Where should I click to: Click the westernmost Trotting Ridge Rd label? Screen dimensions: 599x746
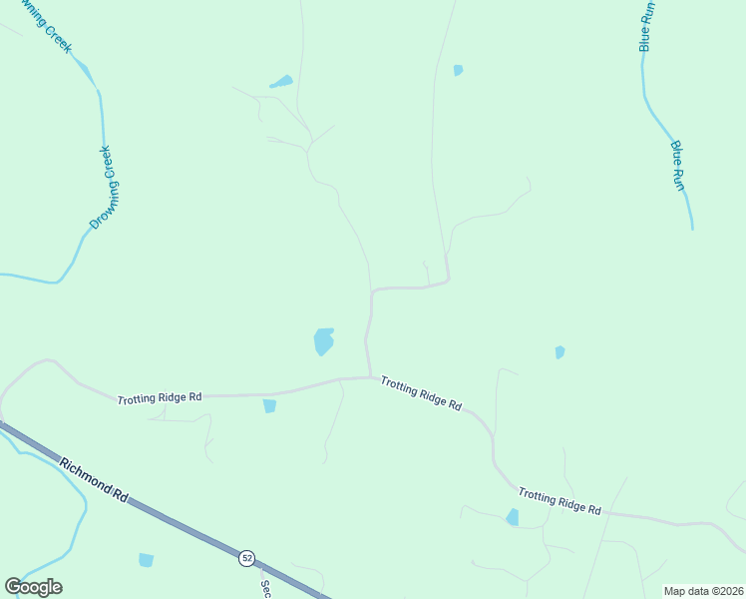[x=160, y=398]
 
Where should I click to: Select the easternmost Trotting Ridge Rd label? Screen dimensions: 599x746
[x=559, y=501]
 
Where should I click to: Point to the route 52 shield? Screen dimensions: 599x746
[x=246, y=557]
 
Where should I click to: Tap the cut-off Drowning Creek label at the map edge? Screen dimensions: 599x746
[x=44, y=26]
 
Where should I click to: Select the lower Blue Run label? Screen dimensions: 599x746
[x=678, y=165]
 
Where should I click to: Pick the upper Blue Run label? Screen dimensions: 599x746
[x=646, y=26]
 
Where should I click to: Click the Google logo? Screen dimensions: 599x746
[x=33, y=586]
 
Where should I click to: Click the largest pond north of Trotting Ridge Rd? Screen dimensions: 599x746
[x=323, y=341]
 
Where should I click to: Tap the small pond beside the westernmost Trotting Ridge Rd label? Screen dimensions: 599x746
[x=269, y=406]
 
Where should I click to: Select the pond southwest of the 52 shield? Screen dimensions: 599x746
[x=147, y=560]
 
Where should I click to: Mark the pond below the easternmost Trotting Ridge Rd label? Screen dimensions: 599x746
[x=513, y=517]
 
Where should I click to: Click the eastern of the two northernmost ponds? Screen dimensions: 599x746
[x=458, y=70]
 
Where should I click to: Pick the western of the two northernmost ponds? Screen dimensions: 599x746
[x=281, y=82]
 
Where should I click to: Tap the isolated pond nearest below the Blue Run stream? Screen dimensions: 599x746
[x=559, y=351]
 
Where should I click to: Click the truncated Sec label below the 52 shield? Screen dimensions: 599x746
[x=266, y=588]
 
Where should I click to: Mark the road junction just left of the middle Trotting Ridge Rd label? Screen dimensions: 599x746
[x=371, y=377]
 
